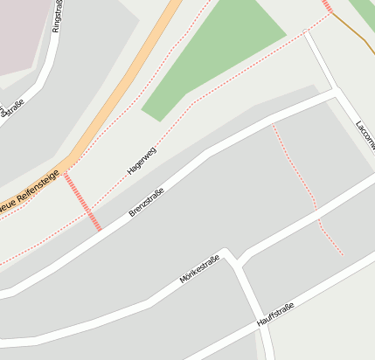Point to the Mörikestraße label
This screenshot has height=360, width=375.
click(198, 269)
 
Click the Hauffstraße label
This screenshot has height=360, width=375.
click(274, 315)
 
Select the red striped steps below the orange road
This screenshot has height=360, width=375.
click(84, 201)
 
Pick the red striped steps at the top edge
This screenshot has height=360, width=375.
click(327, 6)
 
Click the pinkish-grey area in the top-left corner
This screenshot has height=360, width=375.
click(22, 31)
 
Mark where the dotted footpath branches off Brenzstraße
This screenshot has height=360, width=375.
click(273, 126)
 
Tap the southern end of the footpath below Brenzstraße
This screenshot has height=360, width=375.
click(342, 254)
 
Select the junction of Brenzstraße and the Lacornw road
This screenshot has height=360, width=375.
click(335, 91)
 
